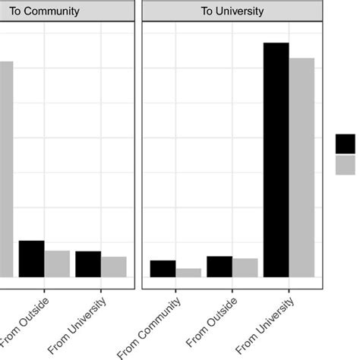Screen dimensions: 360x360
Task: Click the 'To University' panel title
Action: [232, 11]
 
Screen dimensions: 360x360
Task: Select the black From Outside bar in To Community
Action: [31, 259]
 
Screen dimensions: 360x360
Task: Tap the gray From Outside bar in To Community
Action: [57, 264]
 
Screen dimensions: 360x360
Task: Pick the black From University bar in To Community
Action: [88, 264]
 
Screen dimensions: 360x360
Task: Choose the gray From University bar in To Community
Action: [114, 267]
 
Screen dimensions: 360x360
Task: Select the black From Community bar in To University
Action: [163, 269]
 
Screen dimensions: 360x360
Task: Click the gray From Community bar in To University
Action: [188, 273]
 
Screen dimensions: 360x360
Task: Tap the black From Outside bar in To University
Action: [219, 267]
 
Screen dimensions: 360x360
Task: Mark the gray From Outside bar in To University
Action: [245, 268]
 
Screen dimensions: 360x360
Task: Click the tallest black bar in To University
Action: [276, 159]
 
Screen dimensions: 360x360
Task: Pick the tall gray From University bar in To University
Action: [302, 167]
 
